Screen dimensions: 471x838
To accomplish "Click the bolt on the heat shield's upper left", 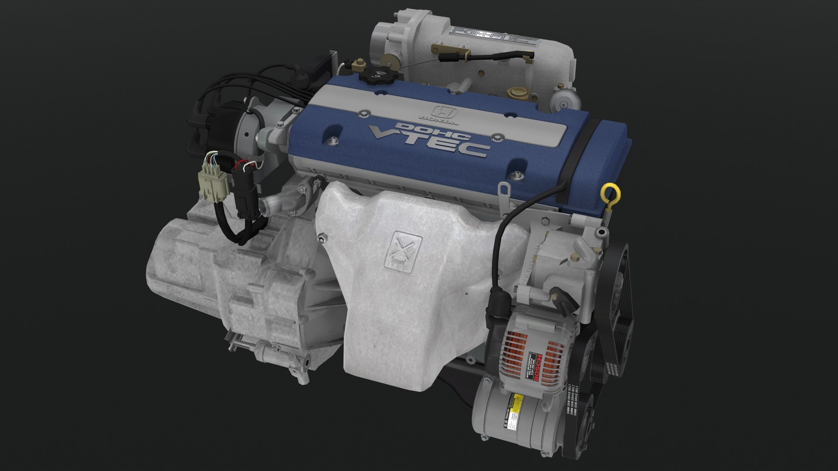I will tap(323, 238).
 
